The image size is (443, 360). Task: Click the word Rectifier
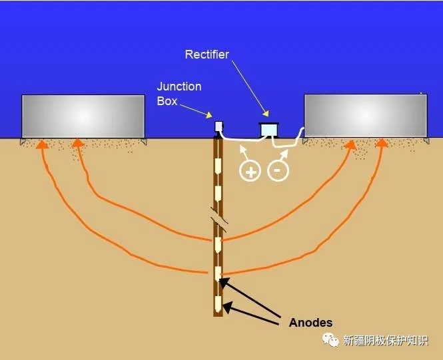pyautogui.click(x=207, y=55)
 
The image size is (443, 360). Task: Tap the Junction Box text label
pyautogui.click(x=179, y=94)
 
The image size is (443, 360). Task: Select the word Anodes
pyautogui.click(x=310, y=323)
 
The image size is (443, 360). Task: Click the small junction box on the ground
pyautogui.click(x=219, y=126)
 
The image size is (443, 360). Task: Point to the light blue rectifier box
pyautogui.click(x=268, y=130)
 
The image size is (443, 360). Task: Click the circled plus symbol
pyautogui.click(x=250, y=170)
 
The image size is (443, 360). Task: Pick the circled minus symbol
pyautogui.click(x=278, y=170)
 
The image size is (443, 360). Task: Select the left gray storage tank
pyautogui.click(x=83, y=116)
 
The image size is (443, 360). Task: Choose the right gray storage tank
pyautogui.click(x=366, y=116)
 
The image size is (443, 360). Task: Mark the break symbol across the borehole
pyautogui.click(x=219, y=220)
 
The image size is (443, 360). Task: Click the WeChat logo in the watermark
pyautogui.click(x=330, y=339)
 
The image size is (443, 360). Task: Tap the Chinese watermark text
pyautogui.click(x=386, y=340)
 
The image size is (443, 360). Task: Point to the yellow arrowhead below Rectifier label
pyautogui.click(x=266, y=113)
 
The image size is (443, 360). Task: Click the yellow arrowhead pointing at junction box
pyautogui.click(x=209, y=115)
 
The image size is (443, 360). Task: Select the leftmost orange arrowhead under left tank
pyautogui.click(x=42, y=144)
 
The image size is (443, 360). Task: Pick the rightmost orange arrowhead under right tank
pyautogui.click(x=382, y=143)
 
